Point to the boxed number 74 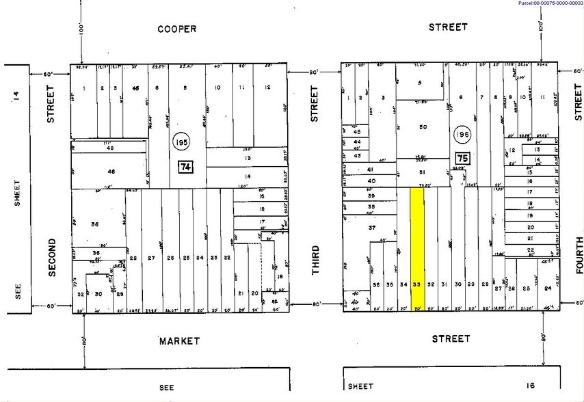tap(185, 167)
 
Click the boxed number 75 tap(462, 158)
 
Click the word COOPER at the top tap(176, 29)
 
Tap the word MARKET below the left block tap(179, 340)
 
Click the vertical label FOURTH tap(579, 255)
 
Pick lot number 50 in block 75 tap(423, 128)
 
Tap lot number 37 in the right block tap(372, 227)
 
